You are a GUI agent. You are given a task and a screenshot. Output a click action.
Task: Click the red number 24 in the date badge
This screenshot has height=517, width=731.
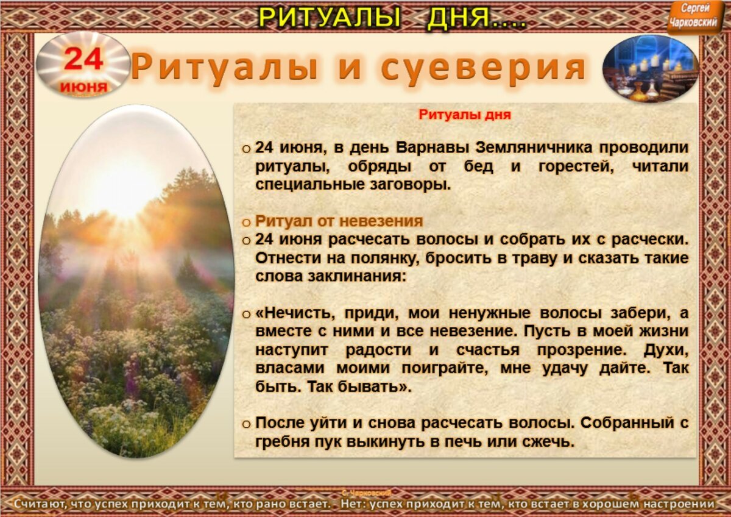point(83,59)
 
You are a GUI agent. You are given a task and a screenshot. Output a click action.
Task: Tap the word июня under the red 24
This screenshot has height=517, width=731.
point(83,87)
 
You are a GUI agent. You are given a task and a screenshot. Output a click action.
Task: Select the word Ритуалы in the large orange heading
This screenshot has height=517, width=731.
point(224,67)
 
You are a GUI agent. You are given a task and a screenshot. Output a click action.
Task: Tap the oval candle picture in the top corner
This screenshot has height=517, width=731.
point(650,68)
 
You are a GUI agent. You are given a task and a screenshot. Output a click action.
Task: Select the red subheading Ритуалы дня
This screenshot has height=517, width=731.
point(464,114)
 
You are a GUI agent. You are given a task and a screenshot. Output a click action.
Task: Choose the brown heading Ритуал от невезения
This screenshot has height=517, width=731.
point(339,221)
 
